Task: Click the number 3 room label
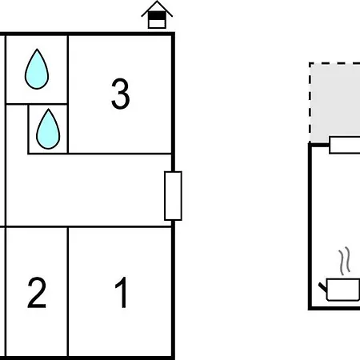tap(121, 94)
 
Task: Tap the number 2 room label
tap(37, 293)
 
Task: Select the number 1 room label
tap(122, 292)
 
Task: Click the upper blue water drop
tap(37, 69)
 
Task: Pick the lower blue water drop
tap(48, 129)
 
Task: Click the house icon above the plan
tap(157, 14)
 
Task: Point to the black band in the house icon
tap(157, 16)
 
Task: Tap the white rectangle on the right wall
tap(173, 196)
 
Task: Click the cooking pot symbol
tap(342, 290)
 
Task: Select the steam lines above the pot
tap(344, 261)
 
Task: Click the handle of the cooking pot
tap(323, 287)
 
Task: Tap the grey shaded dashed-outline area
tap(335, 102)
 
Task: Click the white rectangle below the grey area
tap(345, 145)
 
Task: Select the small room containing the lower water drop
tap(48, 129)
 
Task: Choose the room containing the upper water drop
tap(37, 70)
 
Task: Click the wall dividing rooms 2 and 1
tap(68, 291)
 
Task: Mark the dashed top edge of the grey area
tap(334, 63)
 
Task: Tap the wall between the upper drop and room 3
tap(68, 70)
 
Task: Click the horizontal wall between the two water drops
tap(37, 104)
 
